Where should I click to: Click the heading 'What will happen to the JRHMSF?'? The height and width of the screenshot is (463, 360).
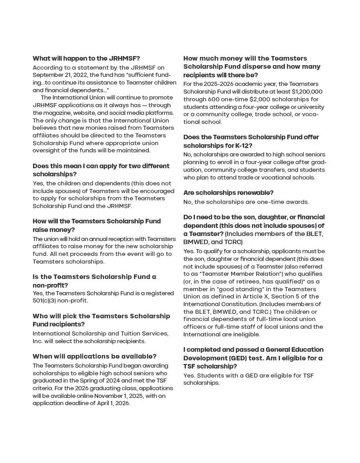click(x=86, y=58)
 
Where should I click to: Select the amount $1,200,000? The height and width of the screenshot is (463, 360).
click(x=305, y=91)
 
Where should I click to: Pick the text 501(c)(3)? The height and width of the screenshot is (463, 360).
click(x=47, y=300)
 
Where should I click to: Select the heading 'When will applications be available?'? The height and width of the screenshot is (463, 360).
click(x=95, y=356)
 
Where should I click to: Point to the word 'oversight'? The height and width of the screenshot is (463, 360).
click(x=47, y=151)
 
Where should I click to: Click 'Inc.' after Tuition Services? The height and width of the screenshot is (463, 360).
click(x=40, y=341)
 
